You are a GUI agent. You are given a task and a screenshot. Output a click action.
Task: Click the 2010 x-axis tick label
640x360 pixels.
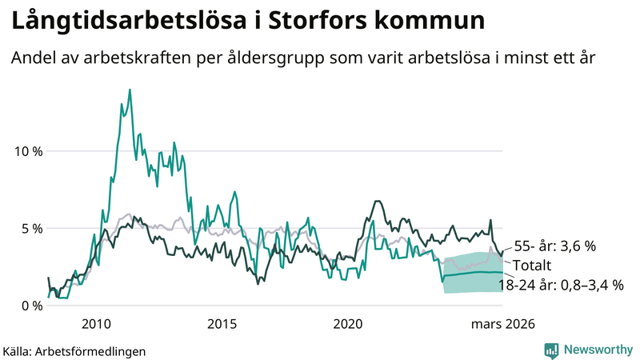96,324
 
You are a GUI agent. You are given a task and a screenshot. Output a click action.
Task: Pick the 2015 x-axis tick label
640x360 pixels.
222,324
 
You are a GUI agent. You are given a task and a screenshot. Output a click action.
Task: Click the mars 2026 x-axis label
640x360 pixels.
502,324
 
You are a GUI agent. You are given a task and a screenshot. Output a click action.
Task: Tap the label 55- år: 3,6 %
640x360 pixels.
554,246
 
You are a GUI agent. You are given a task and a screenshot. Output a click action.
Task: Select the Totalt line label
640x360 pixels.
532,265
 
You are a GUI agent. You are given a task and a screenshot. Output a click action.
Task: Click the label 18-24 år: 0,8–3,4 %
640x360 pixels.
561,283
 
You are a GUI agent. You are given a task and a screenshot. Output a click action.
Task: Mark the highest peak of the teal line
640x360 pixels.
130,90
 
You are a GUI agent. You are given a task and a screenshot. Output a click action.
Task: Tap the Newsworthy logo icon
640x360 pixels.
551,349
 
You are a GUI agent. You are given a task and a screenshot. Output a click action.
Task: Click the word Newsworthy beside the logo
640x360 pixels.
597,349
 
